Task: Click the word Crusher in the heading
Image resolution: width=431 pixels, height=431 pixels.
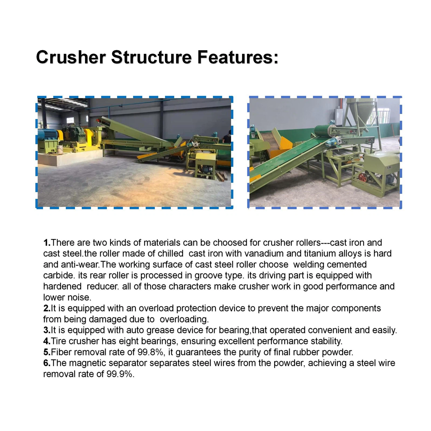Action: point(71,57)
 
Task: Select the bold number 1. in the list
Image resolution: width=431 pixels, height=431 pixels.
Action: point(47,243)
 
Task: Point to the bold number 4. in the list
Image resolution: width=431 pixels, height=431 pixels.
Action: point(47,341)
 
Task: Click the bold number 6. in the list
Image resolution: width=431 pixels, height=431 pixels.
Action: point(47,363)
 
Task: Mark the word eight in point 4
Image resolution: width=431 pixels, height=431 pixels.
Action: point(129,342)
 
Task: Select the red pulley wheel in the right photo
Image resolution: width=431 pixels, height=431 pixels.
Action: point(362,178)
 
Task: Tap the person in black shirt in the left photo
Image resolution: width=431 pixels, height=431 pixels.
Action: point(227,137)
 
